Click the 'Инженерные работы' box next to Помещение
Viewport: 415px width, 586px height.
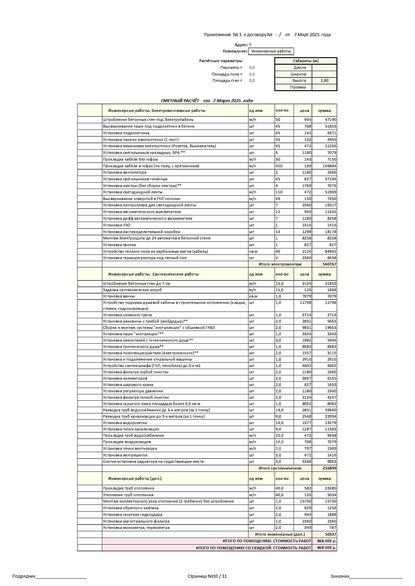point(271,51)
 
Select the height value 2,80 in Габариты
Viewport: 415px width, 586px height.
point(324,80)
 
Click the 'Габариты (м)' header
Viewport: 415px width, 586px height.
point(306,61)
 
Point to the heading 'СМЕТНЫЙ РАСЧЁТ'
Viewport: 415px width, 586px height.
point(180,101)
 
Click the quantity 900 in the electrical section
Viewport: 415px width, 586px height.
point(279,166)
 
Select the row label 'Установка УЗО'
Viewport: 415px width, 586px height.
point(117,225)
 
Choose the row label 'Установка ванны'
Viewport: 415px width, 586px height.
point(119,296)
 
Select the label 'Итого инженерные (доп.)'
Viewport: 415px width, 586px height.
point(280,534)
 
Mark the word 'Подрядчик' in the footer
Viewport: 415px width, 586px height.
point(24,576)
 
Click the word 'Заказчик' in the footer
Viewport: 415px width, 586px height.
point(340,576)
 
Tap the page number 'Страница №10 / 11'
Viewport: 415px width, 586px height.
point(207,576)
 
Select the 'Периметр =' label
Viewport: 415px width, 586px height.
point(231,67)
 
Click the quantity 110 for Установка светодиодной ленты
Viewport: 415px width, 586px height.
point(279,192)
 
